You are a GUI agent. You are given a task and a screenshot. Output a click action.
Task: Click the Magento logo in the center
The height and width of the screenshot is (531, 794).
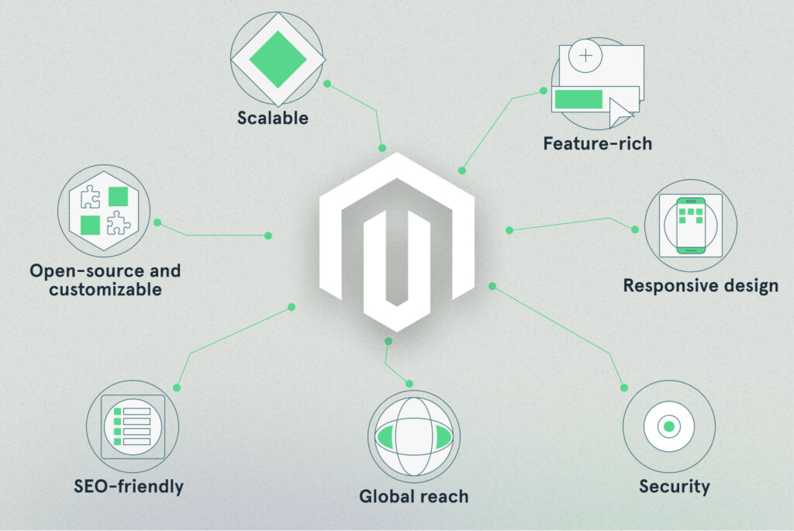396,240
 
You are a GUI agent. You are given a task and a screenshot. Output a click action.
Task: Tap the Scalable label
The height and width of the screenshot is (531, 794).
272,119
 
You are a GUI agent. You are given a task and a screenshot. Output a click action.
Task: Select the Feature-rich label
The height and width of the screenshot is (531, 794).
597,143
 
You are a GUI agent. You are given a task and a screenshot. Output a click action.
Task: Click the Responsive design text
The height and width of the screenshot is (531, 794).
700,285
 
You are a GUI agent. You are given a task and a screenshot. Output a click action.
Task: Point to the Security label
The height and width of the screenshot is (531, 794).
674,487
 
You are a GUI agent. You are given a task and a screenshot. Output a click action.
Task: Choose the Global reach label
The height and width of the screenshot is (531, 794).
413,495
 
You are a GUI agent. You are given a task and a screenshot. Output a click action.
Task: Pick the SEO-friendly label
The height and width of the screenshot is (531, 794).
129,487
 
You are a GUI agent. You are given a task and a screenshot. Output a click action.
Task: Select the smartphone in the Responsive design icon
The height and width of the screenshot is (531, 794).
690,225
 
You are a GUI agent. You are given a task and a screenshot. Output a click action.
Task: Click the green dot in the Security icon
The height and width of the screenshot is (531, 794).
668,426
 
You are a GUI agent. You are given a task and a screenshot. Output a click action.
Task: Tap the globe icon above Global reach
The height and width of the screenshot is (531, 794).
413,436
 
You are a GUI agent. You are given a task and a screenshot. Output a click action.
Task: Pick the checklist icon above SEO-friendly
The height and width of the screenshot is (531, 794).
133,426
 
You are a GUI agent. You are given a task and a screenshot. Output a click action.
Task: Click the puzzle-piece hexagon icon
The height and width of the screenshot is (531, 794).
104,210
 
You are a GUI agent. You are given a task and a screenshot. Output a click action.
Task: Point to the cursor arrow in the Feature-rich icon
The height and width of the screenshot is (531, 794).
620,112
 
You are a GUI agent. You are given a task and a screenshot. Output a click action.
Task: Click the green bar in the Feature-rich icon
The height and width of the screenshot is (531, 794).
578,98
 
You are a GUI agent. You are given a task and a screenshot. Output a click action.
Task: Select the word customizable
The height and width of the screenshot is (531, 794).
105,290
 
